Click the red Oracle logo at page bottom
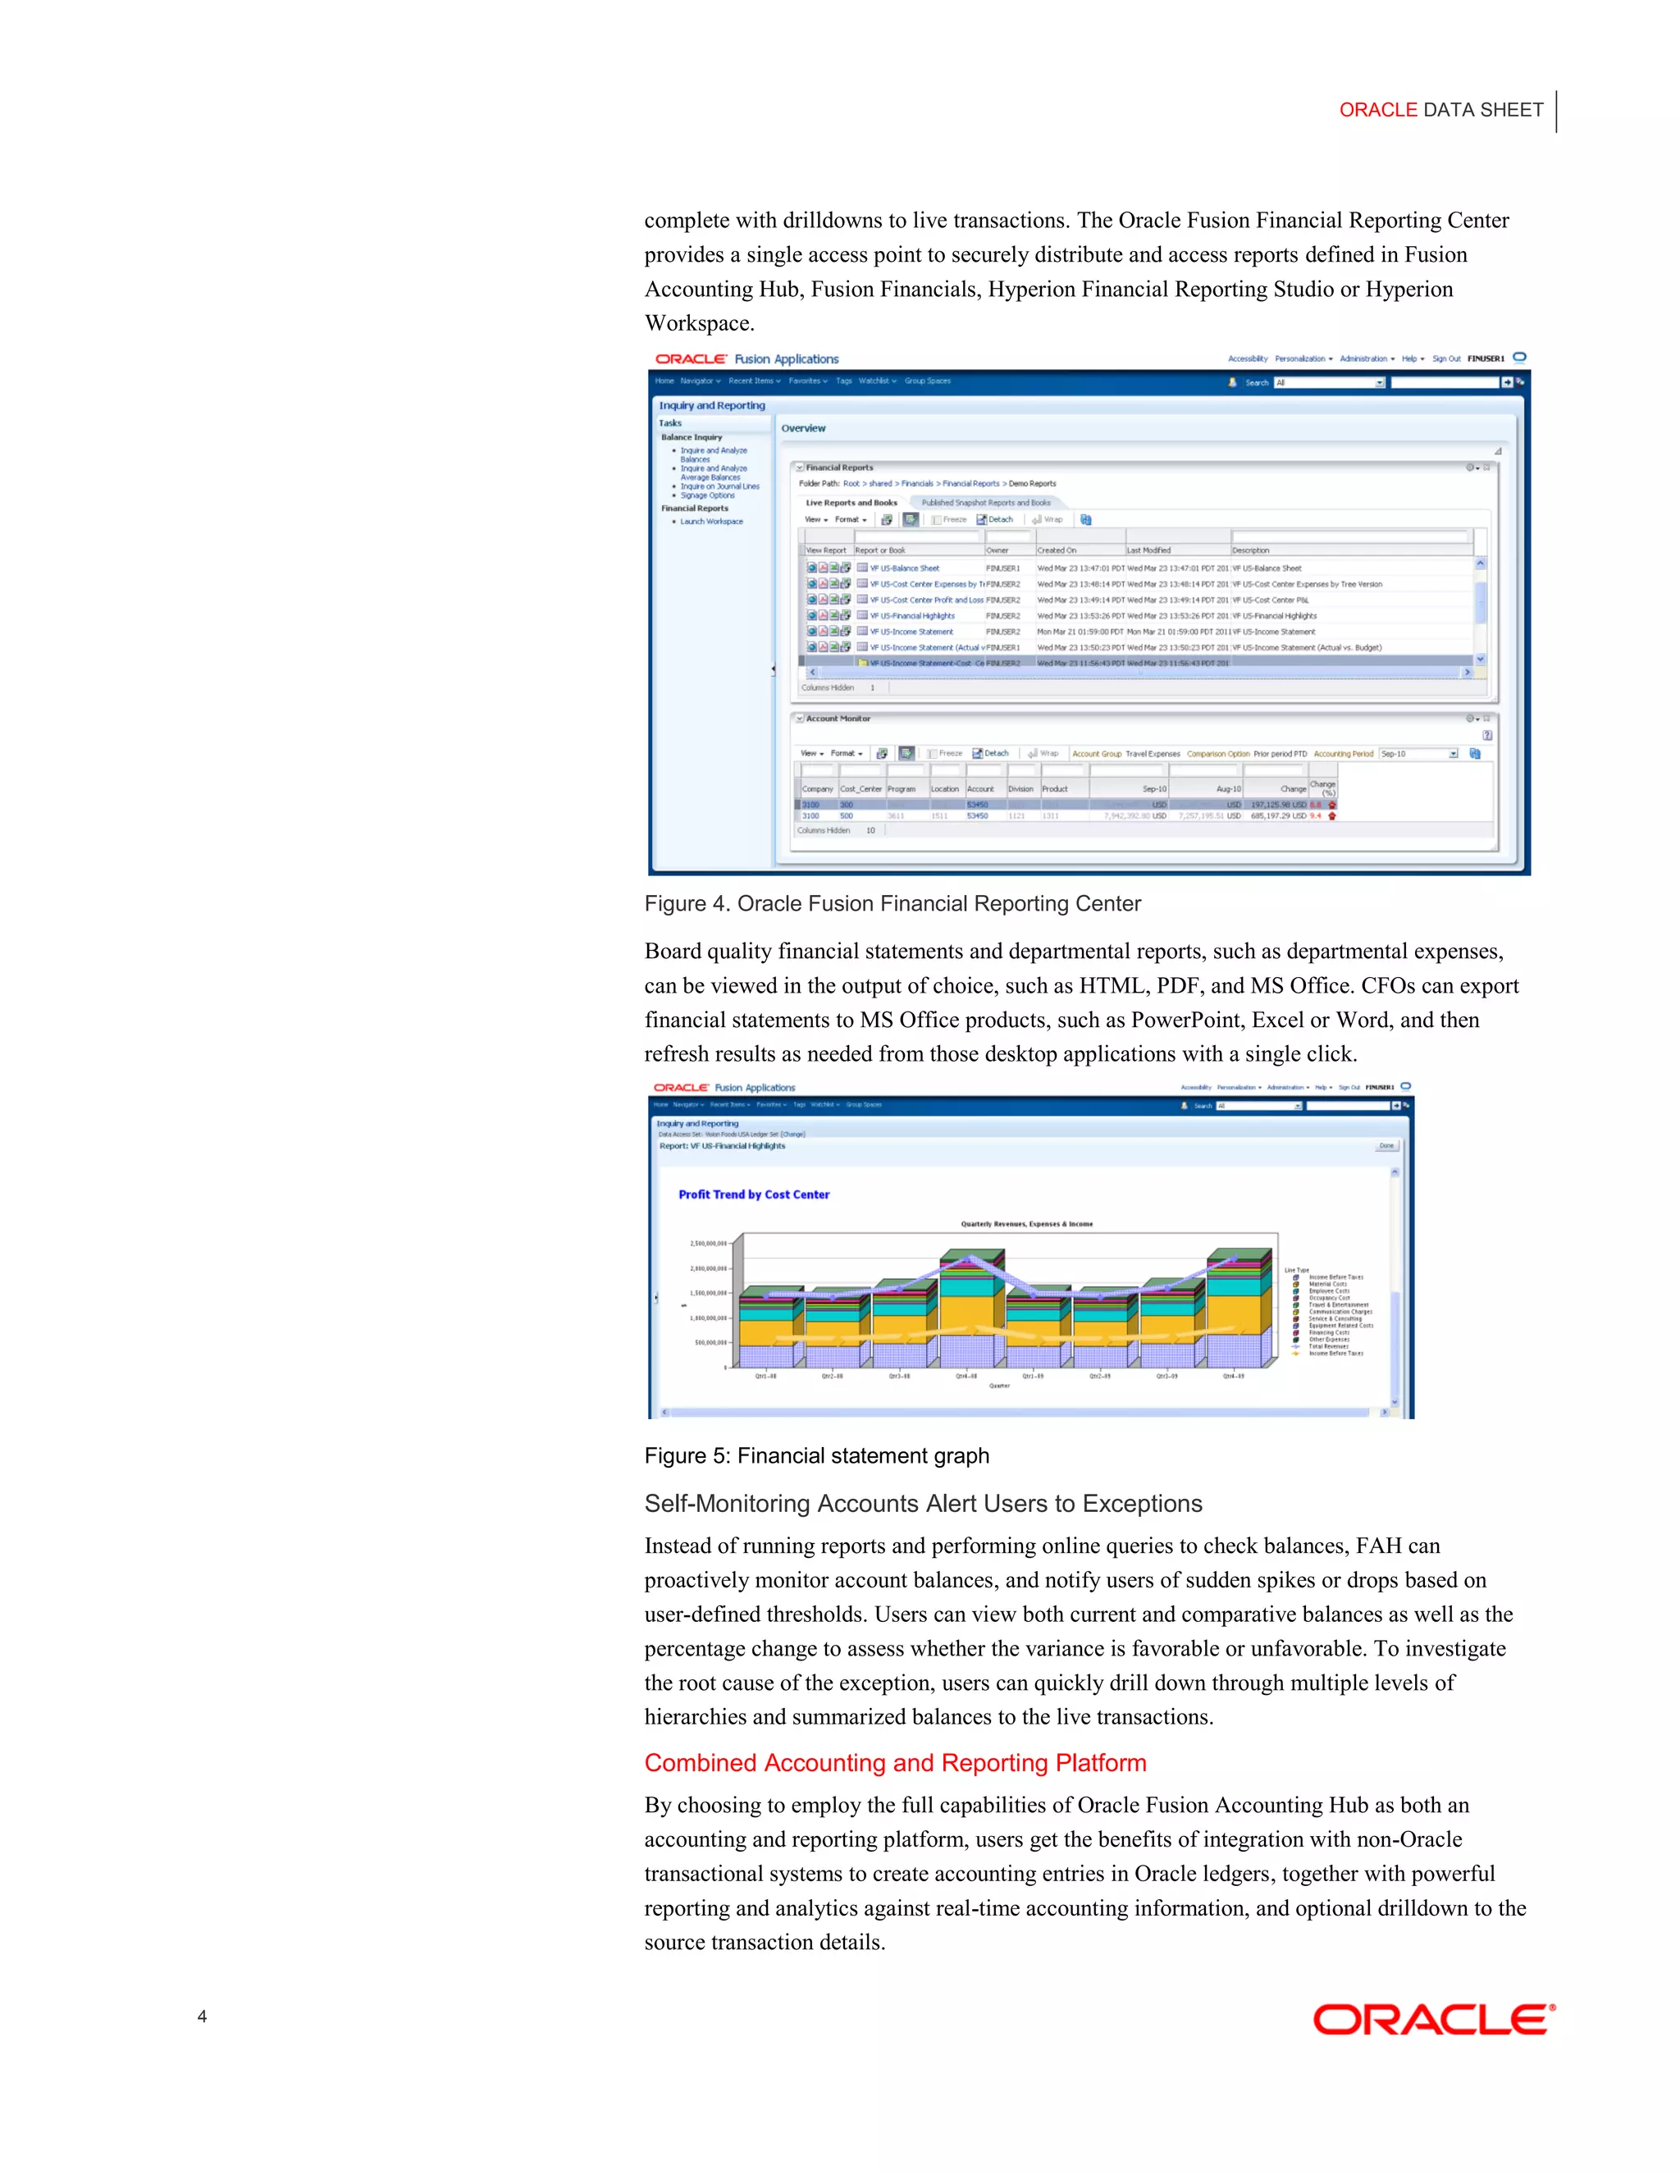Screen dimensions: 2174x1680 click(x=1433, y=2020)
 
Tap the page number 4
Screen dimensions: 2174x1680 click(x=202, y=2016)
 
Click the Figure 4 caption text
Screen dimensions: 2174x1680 click(x=892, y=904)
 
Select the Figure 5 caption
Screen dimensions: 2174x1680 click(x=816, y=1456)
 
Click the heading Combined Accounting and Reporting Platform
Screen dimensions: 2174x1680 click(x=895, y=1763)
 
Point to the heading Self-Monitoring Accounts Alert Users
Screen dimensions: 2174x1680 click(x=923, y=1504)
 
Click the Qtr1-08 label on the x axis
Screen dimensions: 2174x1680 click(x=765, y=1377)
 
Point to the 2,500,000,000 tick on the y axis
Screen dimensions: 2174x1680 click(x=708, y=1243)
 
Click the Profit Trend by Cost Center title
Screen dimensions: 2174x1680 click(x=753, y=1194)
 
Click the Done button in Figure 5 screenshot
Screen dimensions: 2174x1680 click(x=1386, y=1146)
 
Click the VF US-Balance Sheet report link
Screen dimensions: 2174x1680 click(x=904, y=569)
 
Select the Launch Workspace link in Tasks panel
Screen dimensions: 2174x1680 click(x=710, y=522)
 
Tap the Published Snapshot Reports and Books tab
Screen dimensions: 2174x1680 click(x=985, y=503)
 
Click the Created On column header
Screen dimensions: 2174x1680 click(x=1056, y=550)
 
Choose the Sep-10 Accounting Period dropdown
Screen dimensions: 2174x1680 click(x=1418, y=754)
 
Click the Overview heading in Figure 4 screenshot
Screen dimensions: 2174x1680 click(x=803, y=429)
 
